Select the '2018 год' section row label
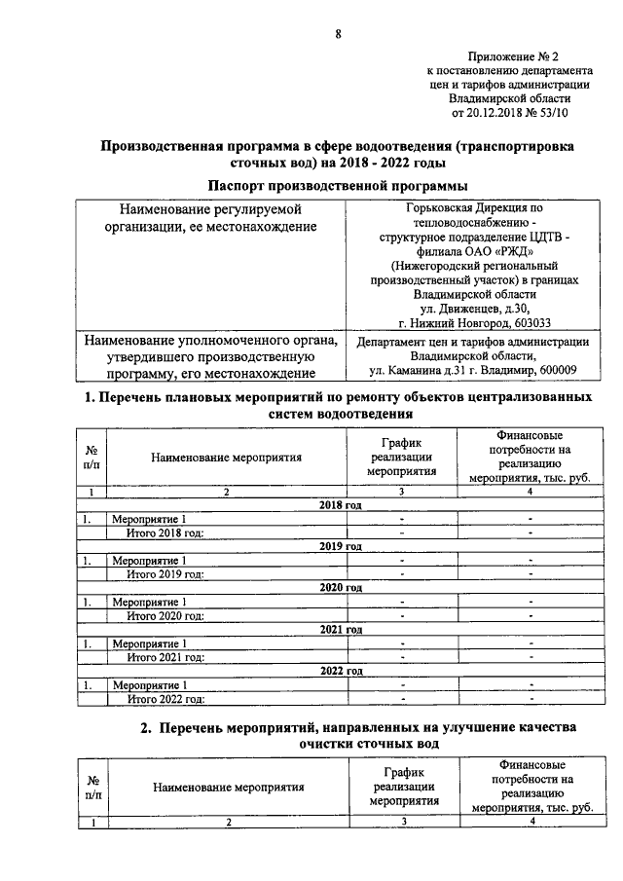point(341,505)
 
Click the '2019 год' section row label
point(341,546)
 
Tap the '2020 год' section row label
point(341,588)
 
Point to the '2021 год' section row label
point(341,630)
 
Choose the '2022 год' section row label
point(341,671)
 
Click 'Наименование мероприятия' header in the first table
point(226,456)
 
